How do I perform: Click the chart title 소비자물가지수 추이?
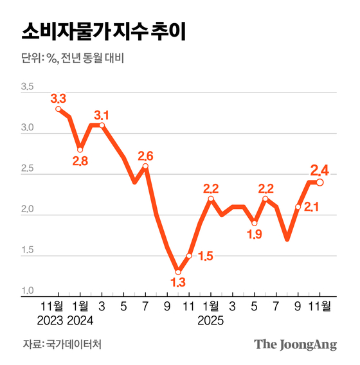pyautogui.click(x=104, y=31)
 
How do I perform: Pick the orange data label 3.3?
pyautogui.click(x=59, y=98)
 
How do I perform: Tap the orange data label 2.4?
pyautogui.click(x=320, y=170)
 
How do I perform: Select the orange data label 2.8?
pyautogui.click(x=80, y=161)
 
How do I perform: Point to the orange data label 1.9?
pyautogui.click(x=255, y=236)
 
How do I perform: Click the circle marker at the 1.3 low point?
pyautogui.click(x=178, y=272)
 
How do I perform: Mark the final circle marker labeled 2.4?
pyautogui.click(x=320, y=182)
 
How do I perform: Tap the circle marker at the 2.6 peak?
pyautogui.click(x=145, y=166)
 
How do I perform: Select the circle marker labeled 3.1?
pyautogui.click(x=102, y=125)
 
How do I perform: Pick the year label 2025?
pyautogui.click(x=211, y=320)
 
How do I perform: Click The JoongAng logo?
pyautogui.click(x=296, y=344)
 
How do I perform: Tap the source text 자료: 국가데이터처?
pyautogui.click(x=62, y=344)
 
